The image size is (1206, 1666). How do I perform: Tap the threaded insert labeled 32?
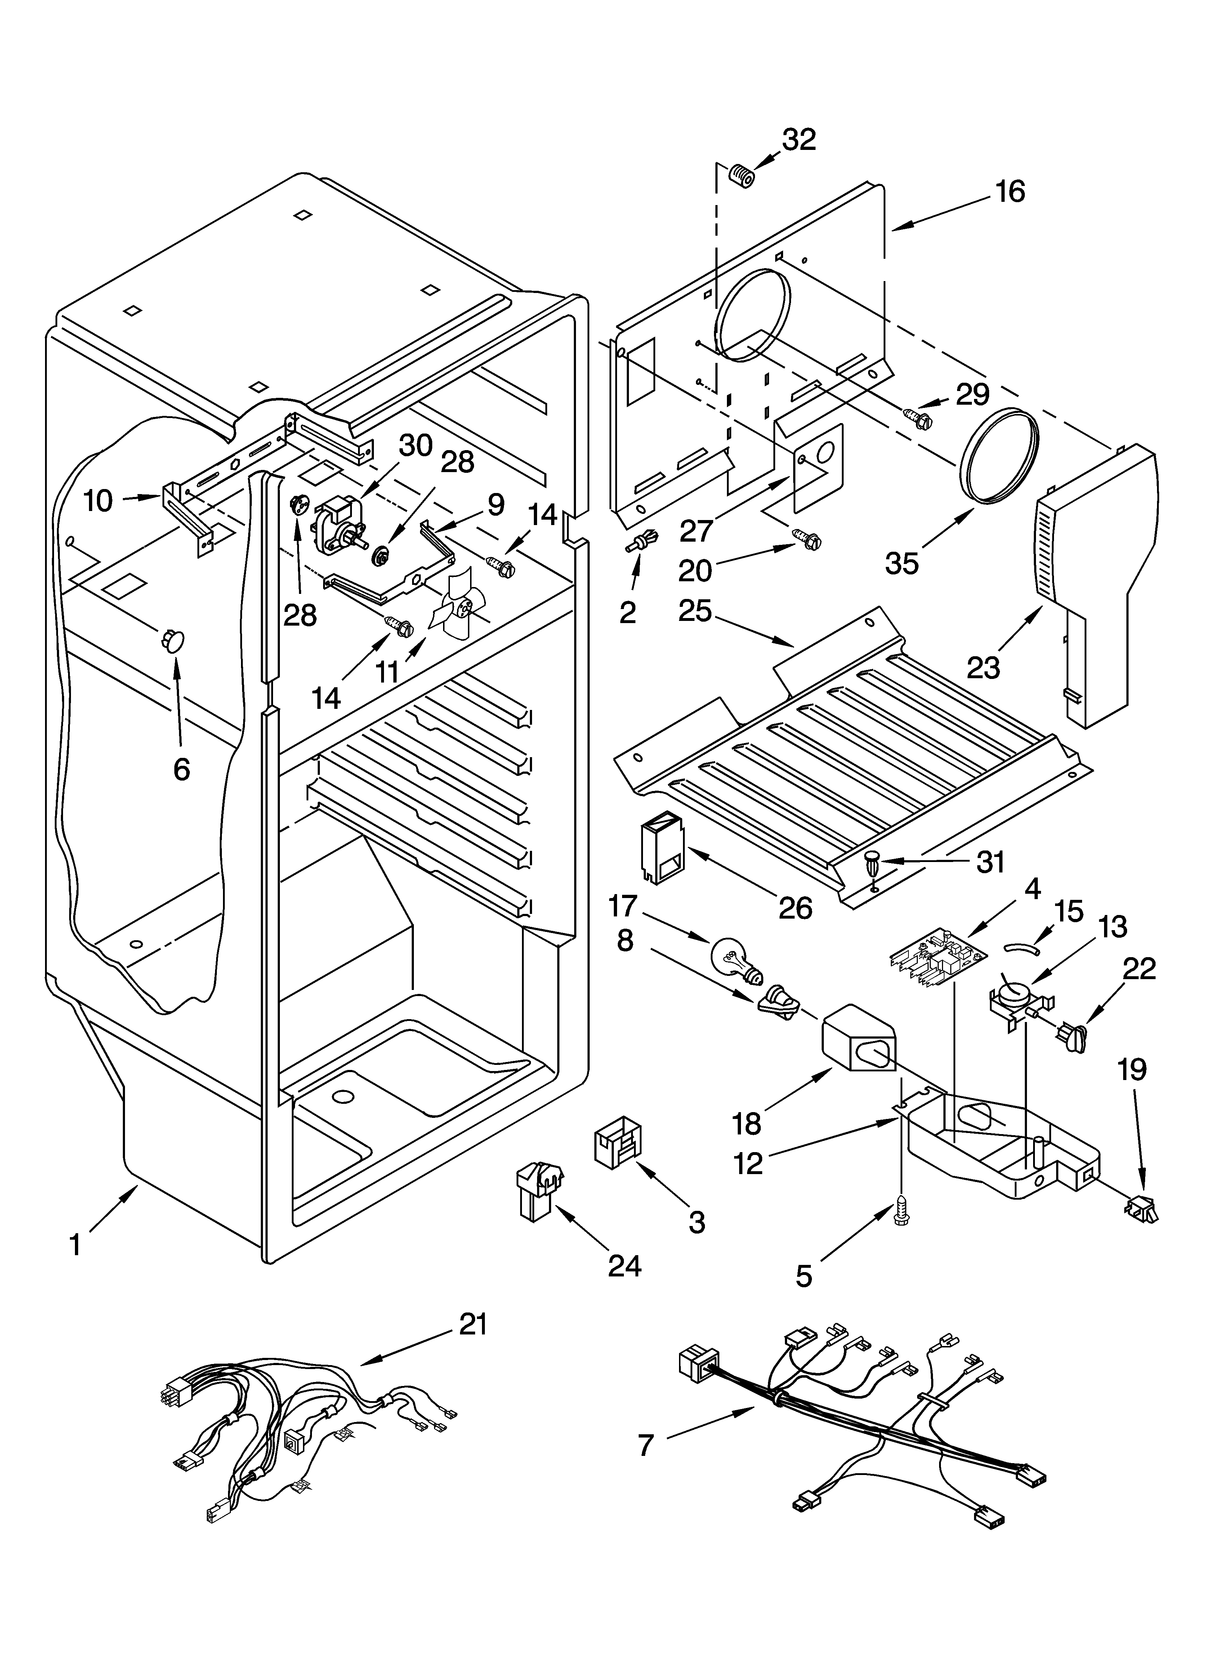pos(741,177)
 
